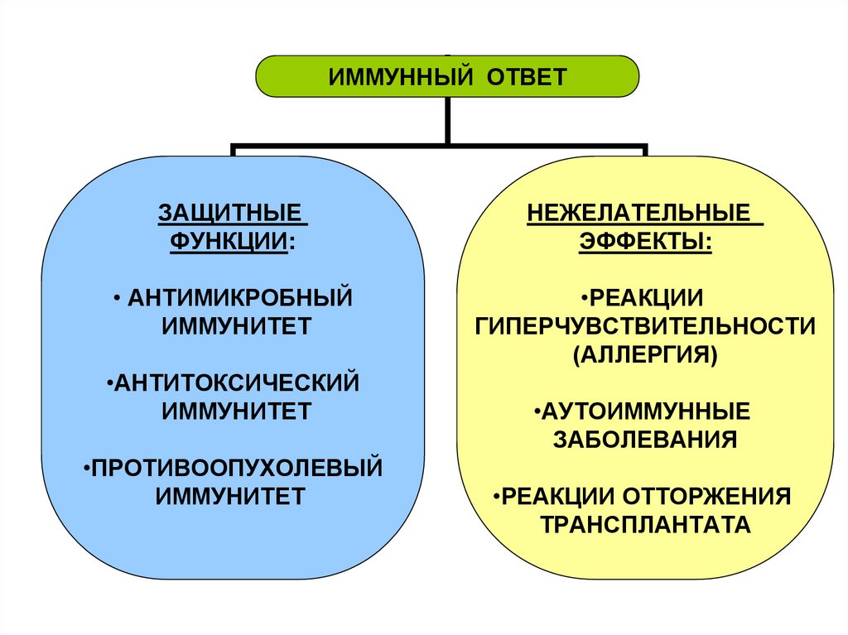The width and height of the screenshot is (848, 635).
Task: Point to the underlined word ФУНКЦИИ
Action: pos(229,241)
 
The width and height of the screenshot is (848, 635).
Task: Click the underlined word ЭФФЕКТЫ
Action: pos(644,241)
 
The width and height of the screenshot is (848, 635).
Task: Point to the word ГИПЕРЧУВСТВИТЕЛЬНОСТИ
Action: pos(645,325)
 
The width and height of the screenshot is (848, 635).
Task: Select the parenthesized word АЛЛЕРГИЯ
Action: pos(645,354)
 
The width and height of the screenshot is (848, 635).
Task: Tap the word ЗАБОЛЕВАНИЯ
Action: pos(644,439)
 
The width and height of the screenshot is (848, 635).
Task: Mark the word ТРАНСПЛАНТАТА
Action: pos(645,525)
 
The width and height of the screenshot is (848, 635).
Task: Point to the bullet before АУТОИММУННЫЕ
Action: pos(538,411)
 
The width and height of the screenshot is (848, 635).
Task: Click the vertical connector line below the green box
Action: pos(448,119)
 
